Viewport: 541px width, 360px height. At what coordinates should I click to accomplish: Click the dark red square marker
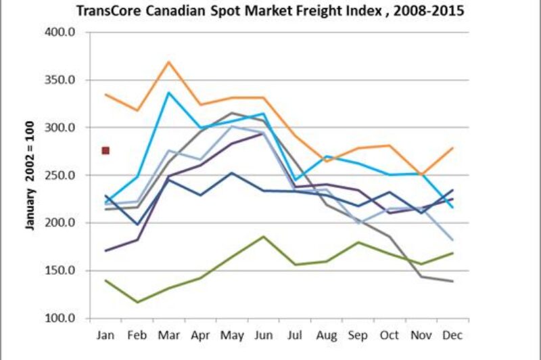point(105,150)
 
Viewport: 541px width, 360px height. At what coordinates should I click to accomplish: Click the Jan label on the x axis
point(106,335)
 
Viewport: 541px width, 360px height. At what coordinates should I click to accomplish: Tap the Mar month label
point(168,335)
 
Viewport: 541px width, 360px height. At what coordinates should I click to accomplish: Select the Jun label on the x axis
point(262,335)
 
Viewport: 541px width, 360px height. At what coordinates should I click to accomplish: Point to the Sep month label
point(358,335)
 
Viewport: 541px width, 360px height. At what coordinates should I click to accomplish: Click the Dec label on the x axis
point(452,335)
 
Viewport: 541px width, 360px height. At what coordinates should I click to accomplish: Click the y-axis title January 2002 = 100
point(30,175)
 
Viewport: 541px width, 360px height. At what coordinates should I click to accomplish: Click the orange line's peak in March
point(169,62)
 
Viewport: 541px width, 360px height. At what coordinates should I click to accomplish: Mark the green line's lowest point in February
point(137,302)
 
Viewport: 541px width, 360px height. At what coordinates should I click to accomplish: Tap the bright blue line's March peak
point(169,93)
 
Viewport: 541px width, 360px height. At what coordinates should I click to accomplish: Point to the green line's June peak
point(263,236)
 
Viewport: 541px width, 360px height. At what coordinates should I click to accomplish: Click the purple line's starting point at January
point(106,250)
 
